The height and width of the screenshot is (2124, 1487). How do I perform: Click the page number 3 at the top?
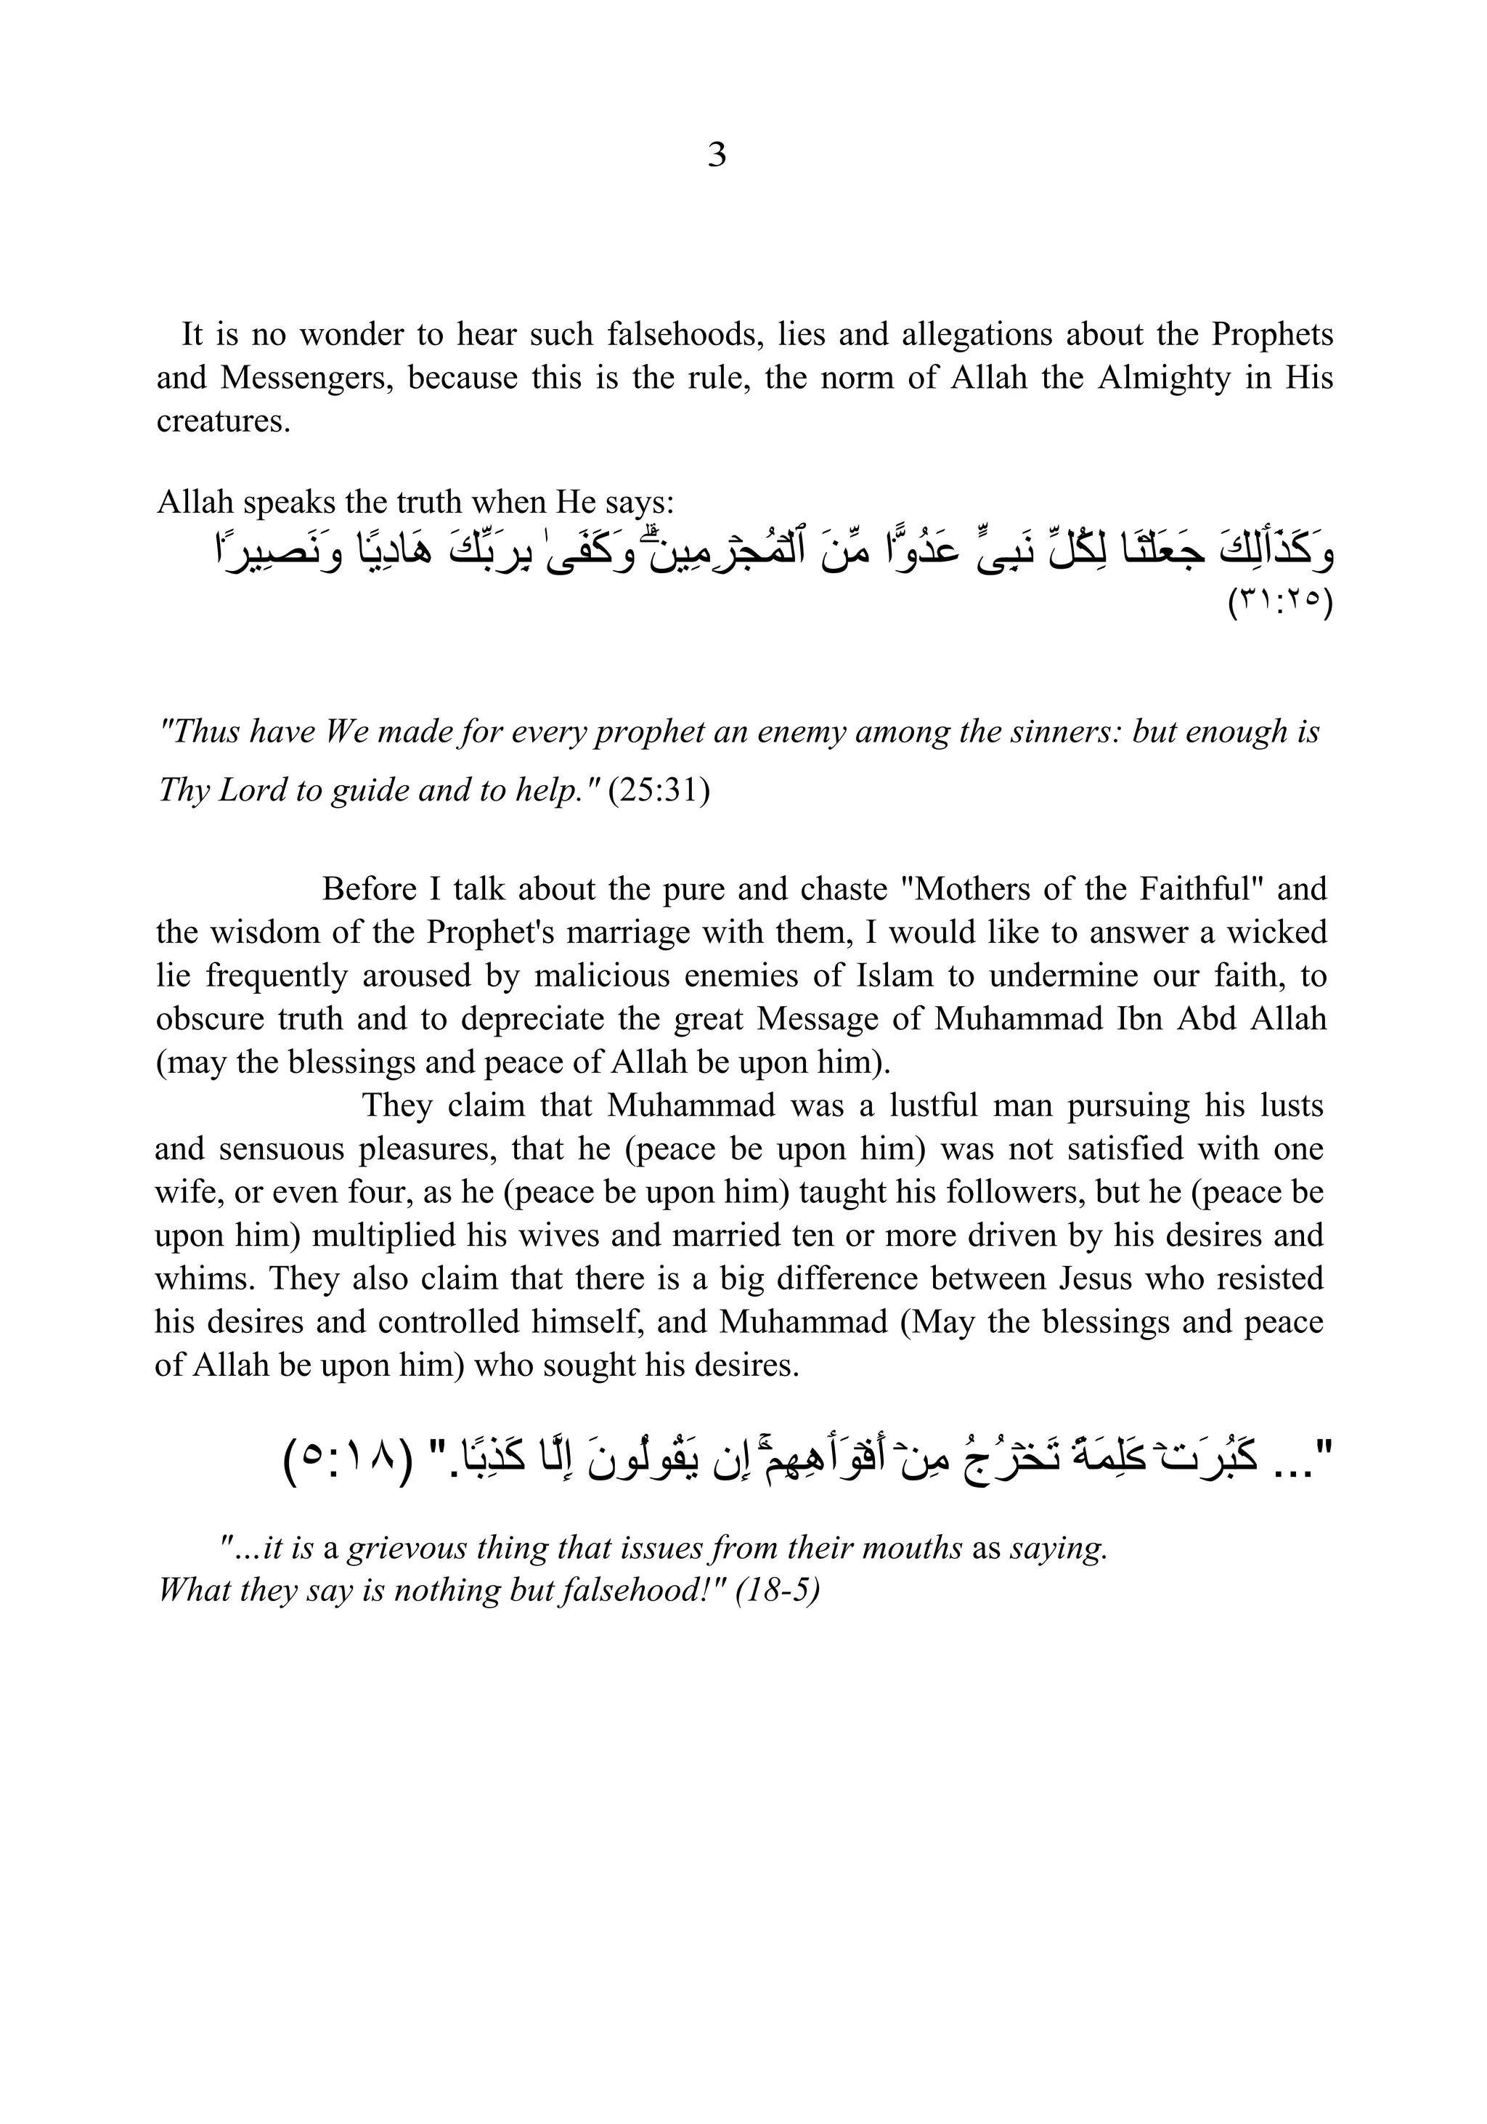pos(717,155)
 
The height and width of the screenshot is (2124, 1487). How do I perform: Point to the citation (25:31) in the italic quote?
pos(659,791)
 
